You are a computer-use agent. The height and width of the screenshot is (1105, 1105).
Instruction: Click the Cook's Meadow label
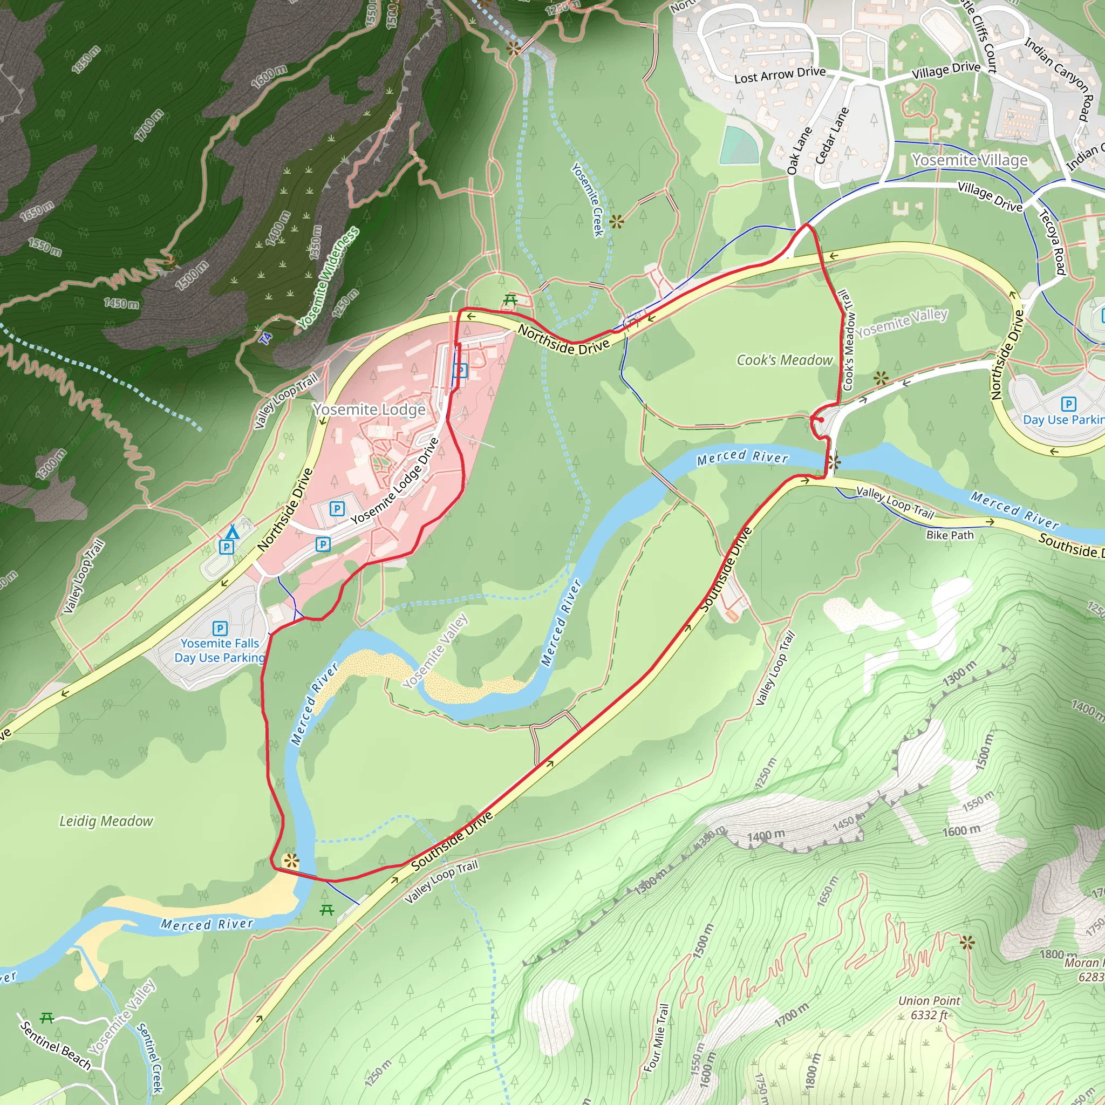pyautogui.click(x=784, y=360)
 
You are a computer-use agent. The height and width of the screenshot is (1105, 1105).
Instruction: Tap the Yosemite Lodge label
pyautogui.click(x=369, y=410)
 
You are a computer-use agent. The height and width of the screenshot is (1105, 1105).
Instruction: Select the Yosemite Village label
pyautogui.click(x=970, y=160)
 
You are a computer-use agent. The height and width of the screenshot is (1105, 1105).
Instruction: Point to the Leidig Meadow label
pyautogui.click(x=106, y=821)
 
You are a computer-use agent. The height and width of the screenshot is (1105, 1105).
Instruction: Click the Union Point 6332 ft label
pyautogui.click(x=929, y=1008)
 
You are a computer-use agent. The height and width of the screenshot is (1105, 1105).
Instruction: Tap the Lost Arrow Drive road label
pyautogui.click(x=780, y=74)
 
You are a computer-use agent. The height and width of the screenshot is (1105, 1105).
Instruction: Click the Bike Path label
pyautogui.click(x=950, y=535)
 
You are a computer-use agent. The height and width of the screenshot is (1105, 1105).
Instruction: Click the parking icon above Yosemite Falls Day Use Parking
pyautogui.click(x=220, y=629)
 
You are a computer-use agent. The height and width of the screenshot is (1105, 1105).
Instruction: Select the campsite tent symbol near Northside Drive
pyautogui.click(x=231, y=532)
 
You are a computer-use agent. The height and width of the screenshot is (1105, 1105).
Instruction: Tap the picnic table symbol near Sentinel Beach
pyautogui.click(x=47, y=1018)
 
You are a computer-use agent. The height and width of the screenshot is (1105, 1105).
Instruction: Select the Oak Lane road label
pyautogui.click(x=799, y=151)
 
